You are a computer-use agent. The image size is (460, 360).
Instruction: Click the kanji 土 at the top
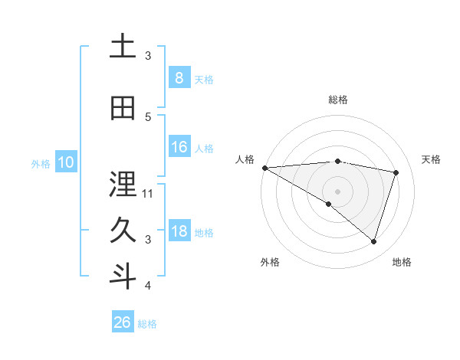(x=123, y=47)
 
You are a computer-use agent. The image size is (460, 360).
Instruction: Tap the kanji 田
(x=123, y=109)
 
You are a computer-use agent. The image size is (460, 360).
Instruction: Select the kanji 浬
(x=123, y=185)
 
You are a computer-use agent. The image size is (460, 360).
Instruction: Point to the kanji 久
(x=123, y=231)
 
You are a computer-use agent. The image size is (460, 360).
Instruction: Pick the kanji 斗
(x=123, y=277)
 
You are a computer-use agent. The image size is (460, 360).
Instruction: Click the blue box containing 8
(x=179, y=77)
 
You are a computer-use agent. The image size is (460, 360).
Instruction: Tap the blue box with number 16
(x=179, y=147)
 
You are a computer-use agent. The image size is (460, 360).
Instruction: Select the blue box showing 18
(x=179, y=231)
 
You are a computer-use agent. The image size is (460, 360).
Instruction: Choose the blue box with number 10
(x=65, y=162)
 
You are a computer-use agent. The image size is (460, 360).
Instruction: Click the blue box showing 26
(x=123, y=322)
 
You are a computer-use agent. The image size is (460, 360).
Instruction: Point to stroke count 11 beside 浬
(x=148, y=193)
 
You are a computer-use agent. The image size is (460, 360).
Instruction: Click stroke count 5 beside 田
(x=148, y=116)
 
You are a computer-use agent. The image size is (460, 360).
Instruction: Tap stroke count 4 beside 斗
(x=148, y=286)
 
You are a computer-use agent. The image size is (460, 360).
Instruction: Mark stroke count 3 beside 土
(x=148, y=56)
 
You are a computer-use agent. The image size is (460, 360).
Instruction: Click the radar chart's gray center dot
(x=337, y=190)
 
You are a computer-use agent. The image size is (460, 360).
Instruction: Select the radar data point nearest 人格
(x=264, y=167)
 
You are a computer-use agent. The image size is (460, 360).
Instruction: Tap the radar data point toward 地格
(x=373, y=242)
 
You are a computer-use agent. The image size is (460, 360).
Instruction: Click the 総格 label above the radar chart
(x=337, y=100)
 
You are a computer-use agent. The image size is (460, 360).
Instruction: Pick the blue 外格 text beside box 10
(x=41, y=163)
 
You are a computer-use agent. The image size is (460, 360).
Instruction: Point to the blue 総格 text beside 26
(x=147, y=324)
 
